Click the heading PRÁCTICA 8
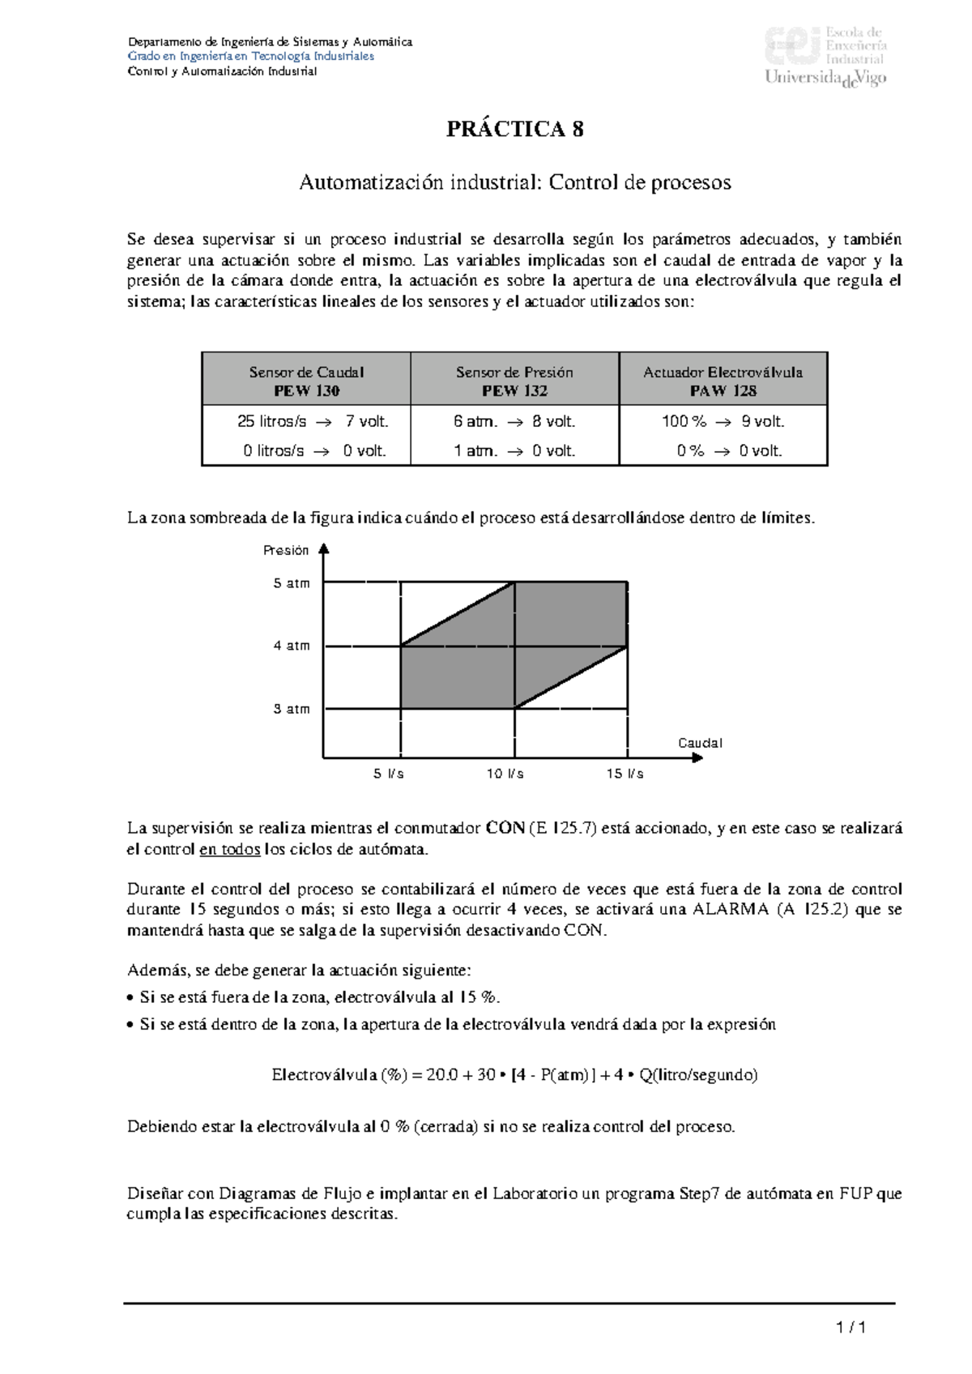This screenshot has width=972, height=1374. point(514,130)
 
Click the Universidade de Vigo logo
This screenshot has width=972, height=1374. point(825,57)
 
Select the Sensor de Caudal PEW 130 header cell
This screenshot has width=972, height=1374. point(306,381)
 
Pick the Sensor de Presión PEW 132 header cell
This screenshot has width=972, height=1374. point(514,381)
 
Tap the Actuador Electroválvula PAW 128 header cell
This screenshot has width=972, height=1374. point(723,381)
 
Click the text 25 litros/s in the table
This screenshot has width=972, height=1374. point(272,421)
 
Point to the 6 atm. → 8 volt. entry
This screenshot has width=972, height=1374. point(514,421)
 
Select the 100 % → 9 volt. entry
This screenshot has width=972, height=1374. point(723,421)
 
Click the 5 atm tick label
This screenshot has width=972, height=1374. point(292,583)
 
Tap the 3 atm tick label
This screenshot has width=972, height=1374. point(292,709)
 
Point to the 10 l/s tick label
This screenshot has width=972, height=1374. point(505,774)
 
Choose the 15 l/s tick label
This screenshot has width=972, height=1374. point(625,774)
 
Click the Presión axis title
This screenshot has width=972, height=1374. point(286,550)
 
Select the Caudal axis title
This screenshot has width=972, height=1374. point(700,743)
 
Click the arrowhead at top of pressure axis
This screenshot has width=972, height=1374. point(324,548)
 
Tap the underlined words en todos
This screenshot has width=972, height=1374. point(229,850)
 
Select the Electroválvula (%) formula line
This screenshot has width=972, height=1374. point(514,1075)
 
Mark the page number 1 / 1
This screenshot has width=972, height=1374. point(851,1327)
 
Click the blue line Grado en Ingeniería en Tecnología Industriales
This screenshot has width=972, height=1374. point(251,56)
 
